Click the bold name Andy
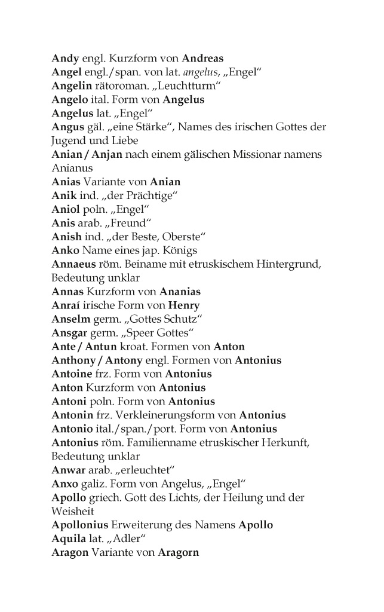point(64,59)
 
